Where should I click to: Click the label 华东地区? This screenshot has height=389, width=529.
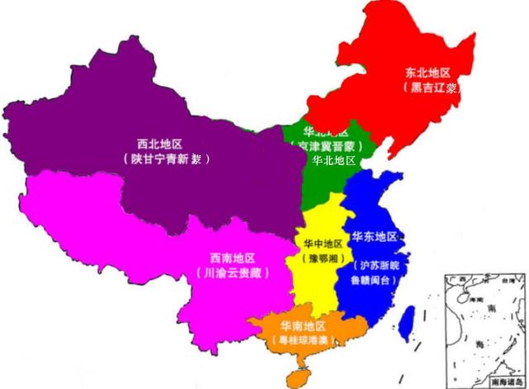pos(374,237)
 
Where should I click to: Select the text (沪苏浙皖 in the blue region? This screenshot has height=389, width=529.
pos(378,266)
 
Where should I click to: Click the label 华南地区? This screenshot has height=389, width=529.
pos(302,325)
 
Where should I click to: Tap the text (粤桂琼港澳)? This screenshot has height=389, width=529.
pos(302,339)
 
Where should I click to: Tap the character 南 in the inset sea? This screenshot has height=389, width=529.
pos(490,310)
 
